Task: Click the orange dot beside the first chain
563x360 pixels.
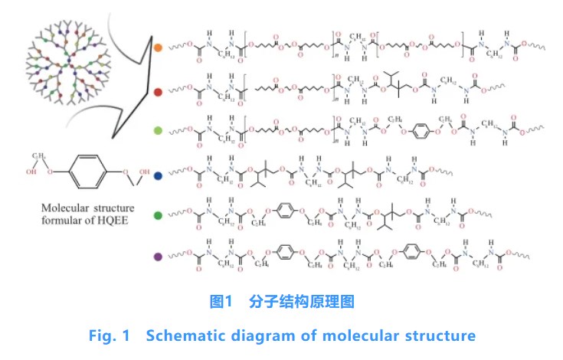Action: [157, 47]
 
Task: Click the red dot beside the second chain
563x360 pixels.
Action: [157, 90]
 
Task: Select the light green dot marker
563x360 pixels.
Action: [157, 133]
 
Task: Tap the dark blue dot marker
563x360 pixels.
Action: [157, 175]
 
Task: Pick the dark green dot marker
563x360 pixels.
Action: [157, 215]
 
